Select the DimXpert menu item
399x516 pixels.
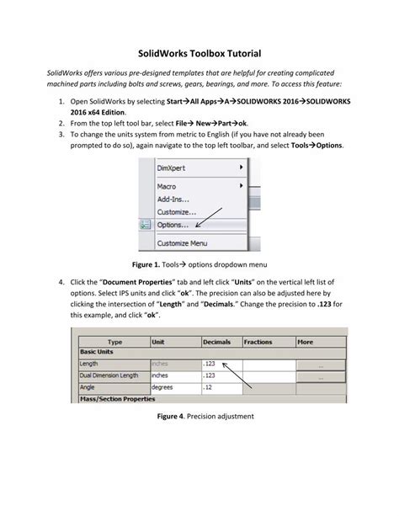172,168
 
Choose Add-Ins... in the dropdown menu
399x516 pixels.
174,199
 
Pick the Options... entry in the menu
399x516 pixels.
173,225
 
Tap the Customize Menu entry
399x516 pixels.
182,242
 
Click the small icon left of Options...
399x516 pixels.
145,225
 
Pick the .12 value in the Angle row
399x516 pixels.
210,387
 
